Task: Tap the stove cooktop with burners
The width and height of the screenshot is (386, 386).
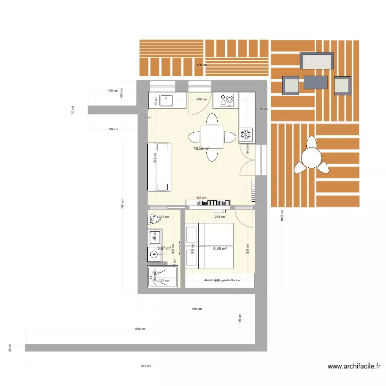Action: click(x=226, y=100)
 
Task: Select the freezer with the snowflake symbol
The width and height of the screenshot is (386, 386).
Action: click(x=247, y=135)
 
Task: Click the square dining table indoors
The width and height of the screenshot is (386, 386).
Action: click(x=212, y=137)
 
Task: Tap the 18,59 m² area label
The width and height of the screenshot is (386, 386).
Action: click(x=201, y=149)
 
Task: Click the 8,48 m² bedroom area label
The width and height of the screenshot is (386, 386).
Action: click(x=220, y=249)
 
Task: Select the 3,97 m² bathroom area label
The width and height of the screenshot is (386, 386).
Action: click(x=164, y=249)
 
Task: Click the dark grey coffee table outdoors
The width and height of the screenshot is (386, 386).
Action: click(x=315, y=82)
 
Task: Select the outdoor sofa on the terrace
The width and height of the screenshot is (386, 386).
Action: click(x=317, y=62)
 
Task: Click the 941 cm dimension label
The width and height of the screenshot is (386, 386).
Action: click(x=146, y=366)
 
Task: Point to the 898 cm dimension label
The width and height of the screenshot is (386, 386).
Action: click(x=140, y=328)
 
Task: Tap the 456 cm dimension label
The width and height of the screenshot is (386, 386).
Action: click(x=196, y=309)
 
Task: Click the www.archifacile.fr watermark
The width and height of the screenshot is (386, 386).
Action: click(x=354, y=366)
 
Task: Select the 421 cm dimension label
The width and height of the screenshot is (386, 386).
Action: click(x=201, y=198)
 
